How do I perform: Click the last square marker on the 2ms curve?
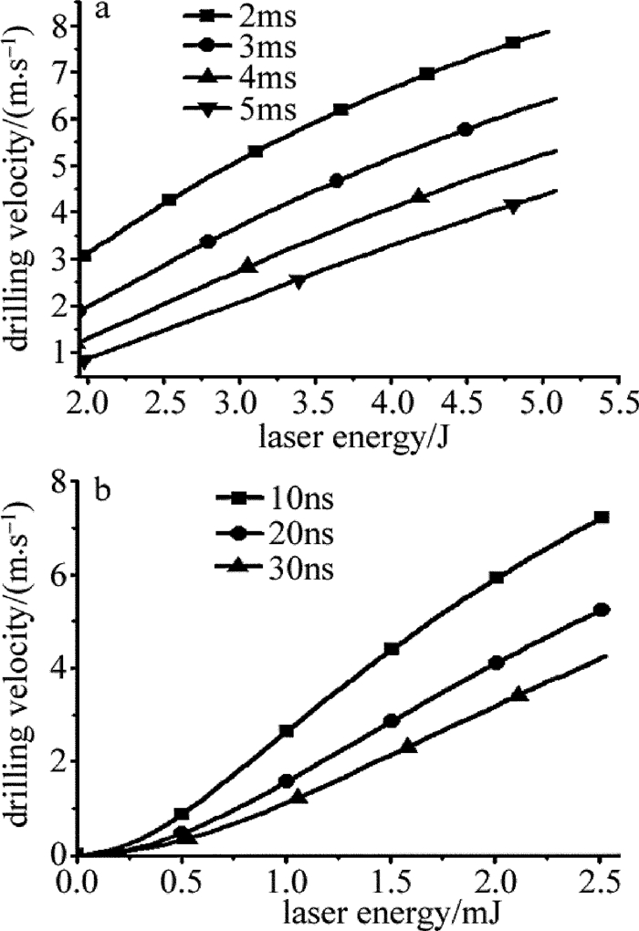pos(513,43)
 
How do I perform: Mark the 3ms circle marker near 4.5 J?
pos(466,130)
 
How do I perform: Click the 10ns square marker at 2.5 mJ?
pos(602,518)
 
